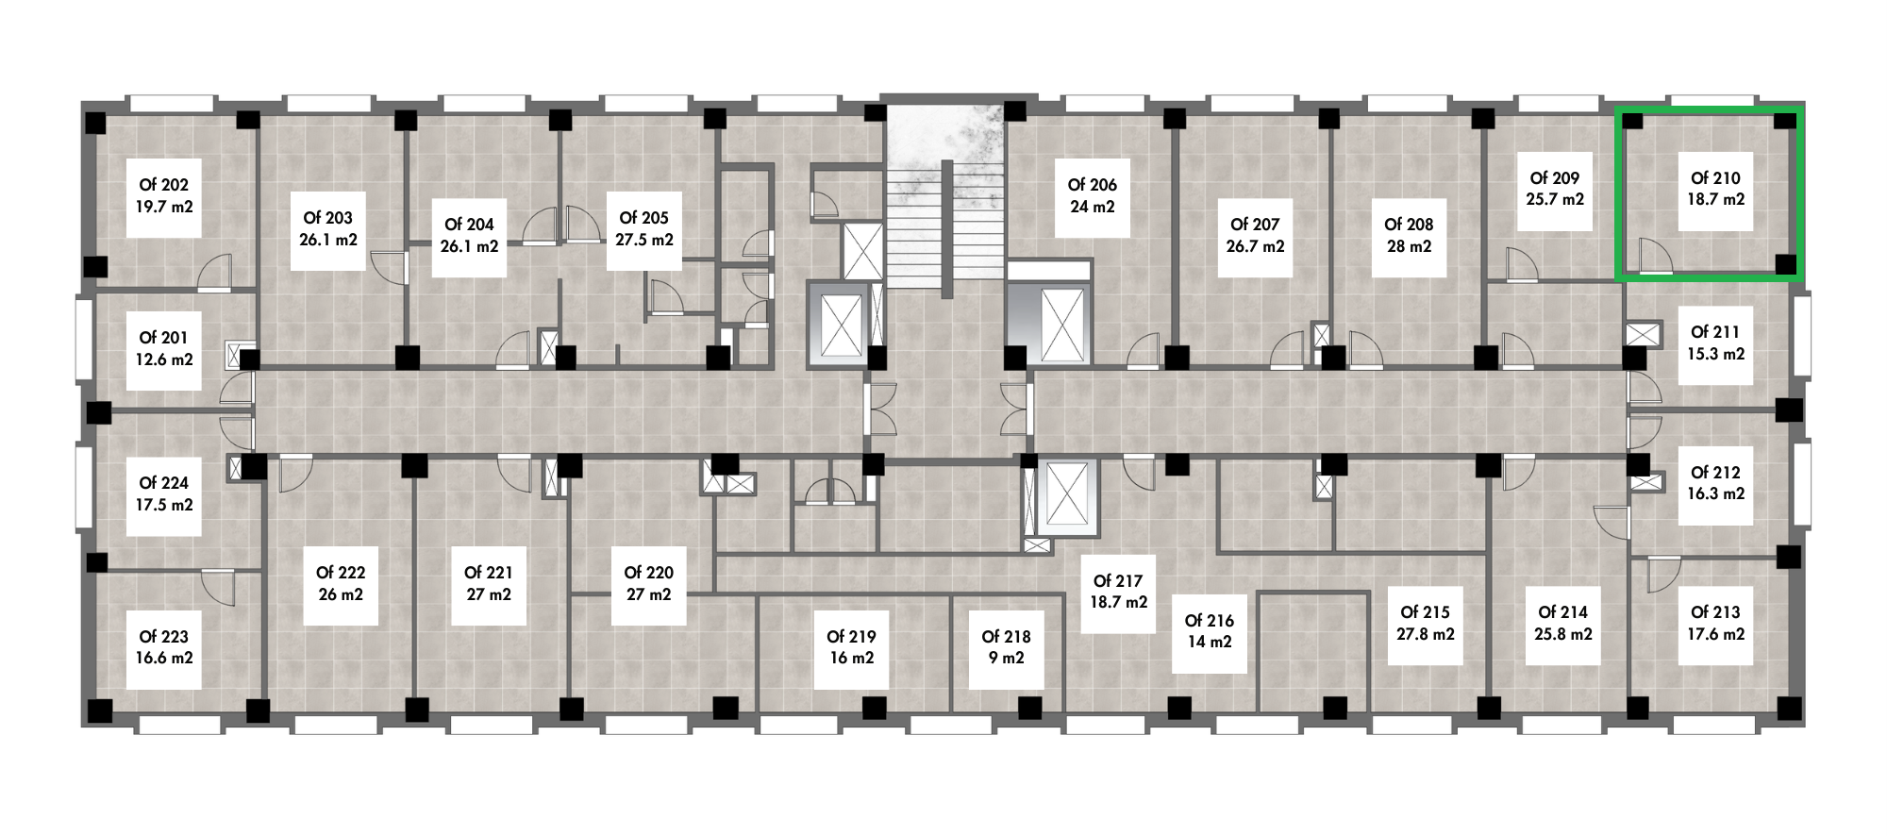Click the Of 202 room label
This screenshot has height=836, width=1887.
164,185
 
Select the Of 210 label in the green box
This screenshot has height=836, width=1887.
1715,177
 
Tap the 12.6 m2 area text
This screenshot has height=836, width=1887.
164,359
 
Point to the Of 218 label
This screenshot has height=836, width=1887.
1007,637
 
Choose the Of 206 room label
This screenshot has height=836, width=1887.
1093,185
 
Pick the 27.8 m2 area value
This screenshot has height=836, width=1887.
1426,634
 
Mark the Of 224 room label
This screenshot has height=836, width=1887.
164,483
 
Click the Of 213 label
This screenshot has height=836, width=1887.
1715,612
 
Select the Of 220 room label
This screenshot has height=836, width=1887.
649,573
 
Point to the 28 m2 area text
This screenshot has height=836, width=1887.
1409,246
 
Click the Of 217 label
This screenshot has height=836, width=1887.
1118,581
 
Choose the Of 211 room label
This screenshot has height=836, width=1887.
1715,332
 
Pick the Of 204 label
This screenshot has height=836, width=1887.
470,225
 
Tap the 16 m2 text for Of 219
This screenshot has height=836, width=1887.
852,659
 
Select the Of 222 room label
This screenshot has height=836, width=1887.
341,573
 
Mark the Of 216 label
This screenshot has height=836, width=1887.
1210,621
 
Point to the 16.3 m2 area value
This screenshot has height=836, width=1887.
1715,493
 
